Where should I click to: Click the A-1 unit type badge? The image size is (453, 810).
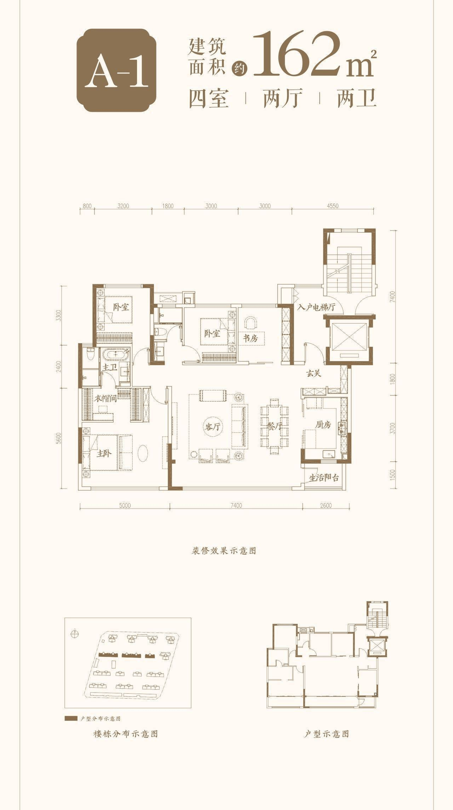(117, 70)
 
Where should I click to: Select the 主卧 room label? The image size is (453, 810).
(104, 453)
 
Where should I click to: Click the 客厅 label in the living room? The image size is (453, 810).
(212, 427)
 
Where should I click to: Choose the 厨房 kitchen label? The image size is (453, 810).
(323, 425)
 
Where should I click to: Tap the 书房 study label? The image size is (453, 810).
(250, 338)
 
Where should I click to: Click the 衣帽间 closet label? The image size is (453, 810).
(105, 398)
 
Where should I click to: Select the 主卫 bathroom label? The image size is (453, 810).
(109, 367)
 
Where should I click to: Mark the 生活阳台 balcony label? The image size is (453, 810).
(324, 478)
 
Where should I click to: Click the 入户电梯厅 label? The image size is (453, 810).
(316, 307)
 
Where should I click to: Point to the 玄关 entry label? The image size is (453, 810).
(314, 373)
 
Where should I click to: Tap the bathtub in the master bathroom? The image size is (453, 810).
(116, 354)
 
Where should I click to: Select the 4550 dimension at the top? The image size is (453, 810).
(333, 206)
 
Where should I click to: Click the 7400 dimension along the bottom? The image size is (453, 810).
(236, 505)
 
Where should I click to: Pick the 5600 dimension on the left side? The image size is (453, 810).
(59, 438)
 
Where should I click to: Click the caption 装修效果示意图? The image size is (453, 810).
(224, 550)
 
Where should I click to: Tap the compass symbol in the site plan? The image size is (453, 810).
(75, 634)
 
